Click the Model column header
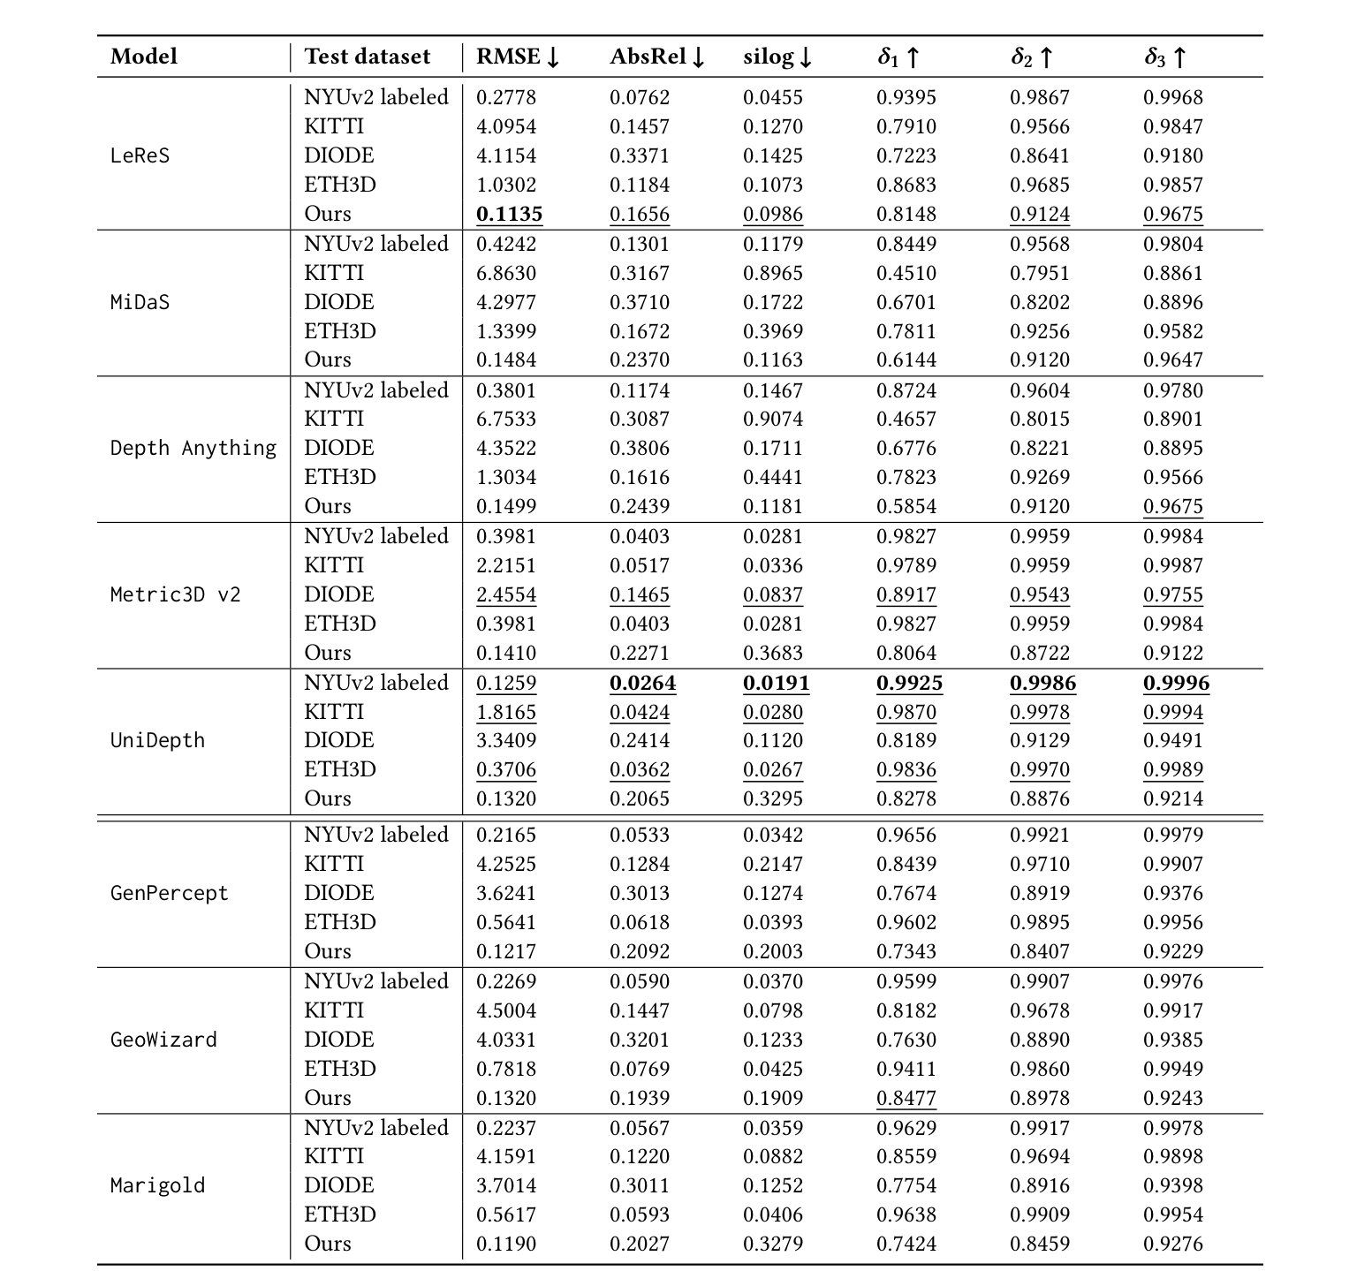[144, 57]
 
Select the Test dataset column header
[368, 57]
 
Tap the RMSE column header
[518, 57]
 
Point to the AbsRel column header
[657, 57]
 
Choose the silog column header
[777, 57]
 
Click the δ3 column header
[1165, 57]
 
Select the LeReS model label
[140, 155]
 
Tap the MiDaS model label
[140, 302]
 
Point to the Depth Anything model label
[193, 448]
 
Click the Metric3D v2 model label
[175, 594]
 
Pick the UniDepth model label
[157, 740]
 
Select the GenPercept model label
[169, 893]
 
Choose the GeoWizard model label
[163, 1040]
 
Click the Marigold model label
[157, 1185]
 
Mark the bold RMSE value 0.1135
[509, 214]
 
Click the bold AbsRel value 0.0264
[642, 683]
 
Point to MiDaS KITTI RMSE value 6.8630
[506, 273]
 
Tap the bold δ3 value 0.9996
[1176, 683]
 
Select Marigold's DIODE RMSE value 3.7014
[506, 1185]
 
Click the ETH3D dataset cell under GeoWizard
[340, 1069]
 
